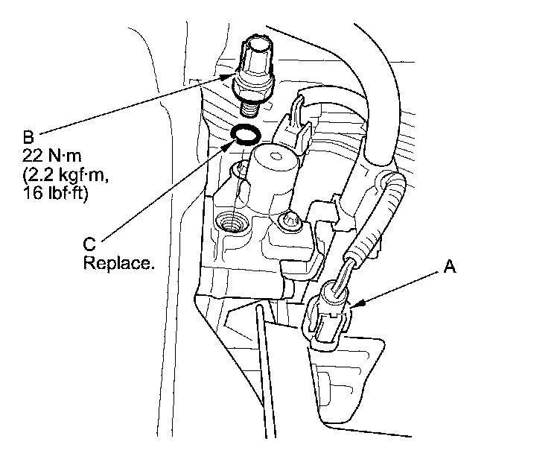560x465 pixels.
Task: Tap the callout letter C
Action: click(89, 244)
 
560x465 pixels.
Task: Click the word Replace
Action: click(120, 263)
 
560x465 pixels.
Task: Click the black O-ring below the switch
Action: click(245, 135)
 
